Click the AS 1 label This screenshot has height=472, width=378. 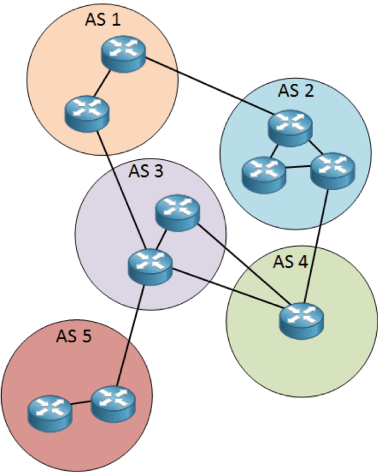tap(104, 21)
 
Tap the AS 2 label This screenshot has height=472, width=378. tap(296, 91)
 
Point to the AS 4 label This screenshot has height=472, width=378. tap(290, 261)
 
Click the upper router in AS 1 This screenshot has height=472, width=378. tap(123, 54)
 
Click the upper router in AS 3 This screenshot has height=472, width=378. tap(178, 212)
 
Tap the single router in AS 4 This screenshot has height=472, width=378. tap(302, 319)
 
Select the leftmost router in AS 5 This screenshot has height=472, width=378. tap(50, 411)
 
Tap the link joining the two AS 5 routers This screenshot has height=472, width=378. tap(81, 405)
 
